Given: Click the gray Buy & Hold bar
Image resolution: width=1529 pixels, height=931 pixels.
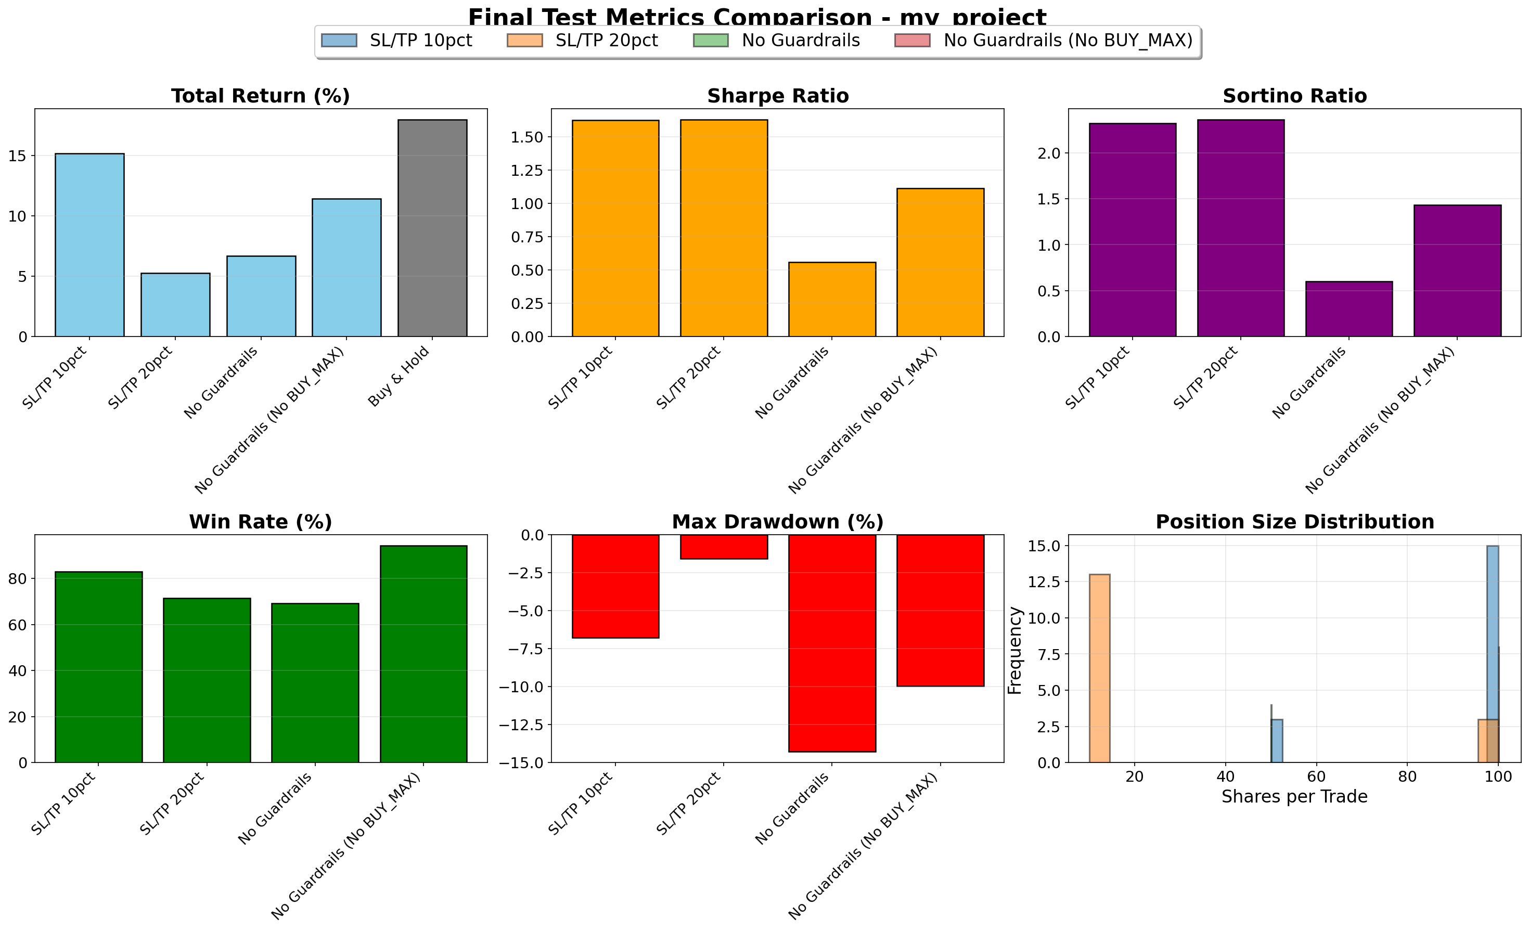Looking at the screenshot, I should click(x=432, y=228).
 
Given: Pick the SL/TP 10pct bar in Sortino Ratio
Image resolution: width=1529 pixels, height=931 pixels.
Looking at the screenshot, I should click(x=1132, y=229).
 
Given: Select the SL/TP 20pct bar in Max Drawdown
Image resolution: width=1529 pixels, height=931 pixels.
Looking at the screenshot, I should click(x=724, y=547).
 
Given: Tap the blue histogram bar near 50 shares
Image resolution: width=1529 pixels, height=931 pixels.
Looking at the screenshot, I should click(x=1277, y=741).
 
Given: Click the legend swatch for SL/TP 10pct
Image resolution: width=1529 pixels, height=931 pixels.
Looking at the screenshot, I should click(x=339, y=41).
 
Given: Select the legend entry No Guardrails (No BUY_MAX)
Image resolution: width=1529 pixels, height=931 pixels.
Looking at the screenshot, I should click(x=1068, y=41).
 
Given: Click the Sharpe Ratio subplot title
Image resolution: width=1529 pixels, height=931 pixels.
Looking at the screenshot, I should click(x=778, y=96).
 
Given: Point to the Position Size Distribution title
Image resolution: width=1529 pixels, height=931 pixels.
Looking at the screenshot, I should click(x=1294, y=522).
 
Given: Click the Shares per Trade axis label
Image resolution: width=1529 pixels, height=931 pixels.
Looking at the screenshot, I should click(x=1294, y=796).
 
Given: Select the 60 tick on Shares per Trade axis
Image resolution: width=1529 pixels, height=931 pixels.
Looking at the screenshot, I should click(x=1316, y=778).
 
